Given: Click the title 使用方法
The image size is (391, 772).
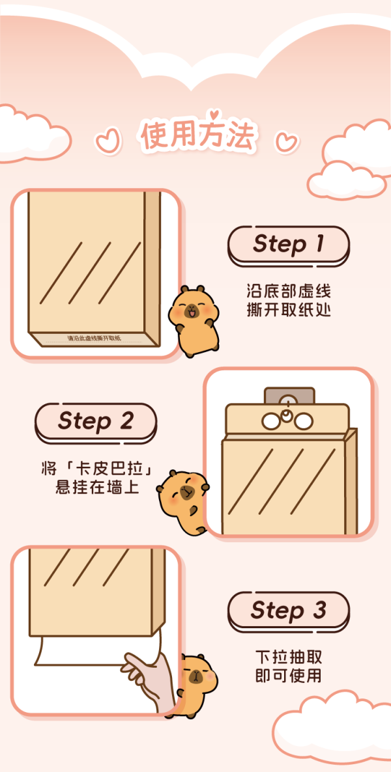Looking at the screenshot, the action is pos(198,135).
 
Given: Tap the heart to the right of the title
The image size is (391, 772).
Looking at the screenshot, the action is pos(287,141).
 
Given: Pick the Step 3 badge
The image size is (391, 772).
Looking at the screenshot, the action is pos(289,611).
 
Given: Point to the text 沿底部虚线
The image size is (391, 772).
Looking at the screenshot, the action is pos(289,292).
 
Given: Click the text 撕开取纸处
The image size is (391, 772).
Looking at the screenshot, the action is pos(289,311).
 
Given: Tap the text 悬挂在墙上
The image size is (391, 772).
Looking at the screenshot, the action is pos(96,488).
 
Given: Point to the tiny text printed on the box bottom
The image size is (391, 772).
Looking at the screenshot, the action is pos(94,338).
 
